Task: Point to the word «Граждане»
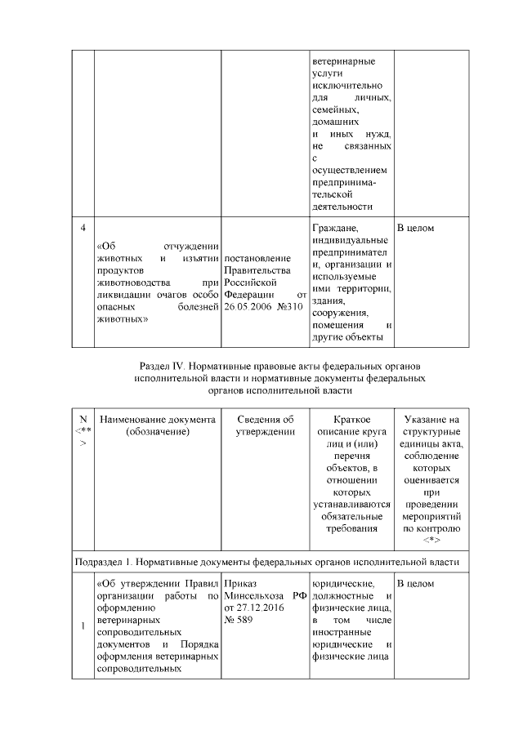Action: click(335, 228)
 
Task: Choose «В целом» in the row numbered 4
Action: click(415, 228)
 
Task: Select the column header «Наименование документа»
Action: click(157, 419)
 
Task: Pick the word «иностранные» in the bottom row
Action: click(342, 633)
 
